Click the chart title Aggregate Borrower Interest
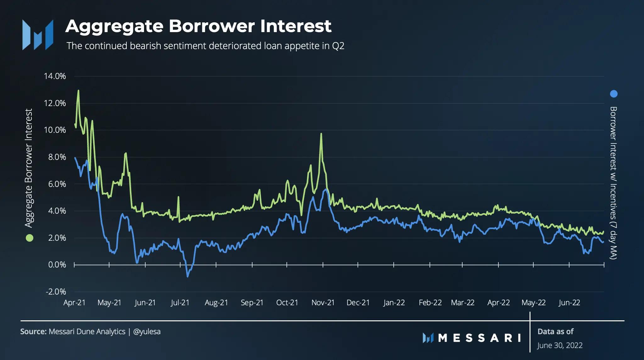click(198, 26)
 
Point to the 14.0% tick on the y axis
click(55, 76)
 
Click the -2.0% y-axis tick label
click(56, 291)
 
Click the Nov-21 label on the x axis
click(323, 303)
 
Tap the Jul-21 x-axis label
click(180, 303)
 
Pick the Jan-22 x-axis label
click(394, 303)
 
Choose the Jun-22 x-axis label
click(569, 303)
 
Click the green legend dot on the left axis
click(29, 238)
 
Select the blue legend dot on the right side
click(613, 94)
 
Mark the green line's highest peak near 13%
click(78, 91)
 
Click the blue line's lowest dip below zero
click(188, 277)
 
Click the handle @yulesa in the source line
click(147, 331)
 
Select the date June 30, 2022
click(560, 345)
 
